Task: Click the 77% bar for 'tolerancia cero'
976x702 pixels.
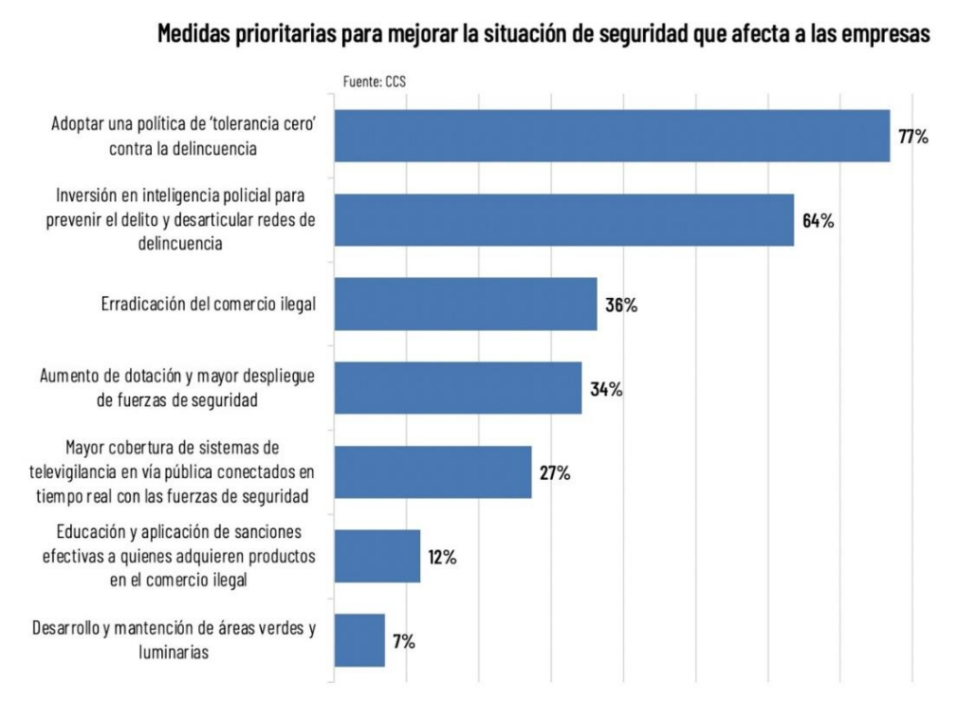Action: click(612, 136)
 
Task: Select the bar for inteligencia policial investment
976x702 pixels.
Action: click(563, 220)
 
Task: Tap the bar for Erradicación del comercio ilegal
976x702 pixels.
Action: click(466, 304)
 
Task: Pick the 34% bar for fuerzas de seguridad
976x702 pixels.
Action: click(458, 388)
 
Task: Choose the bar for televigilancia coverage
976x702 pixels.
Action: click(433, 471)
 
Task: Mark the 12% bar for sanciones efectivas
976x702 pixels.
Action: click(378, 556)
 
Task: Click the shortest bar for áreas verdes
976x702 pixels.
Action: click(359, 639)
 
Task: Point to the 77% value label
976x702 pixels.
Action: click(912, 137)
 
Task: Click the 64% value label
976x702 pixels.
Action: click(818, 221)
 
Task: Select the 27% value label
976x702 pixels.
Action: click(555, 472)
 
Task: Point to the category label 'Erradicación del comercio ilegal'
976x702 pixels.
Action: click(208, 305)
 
